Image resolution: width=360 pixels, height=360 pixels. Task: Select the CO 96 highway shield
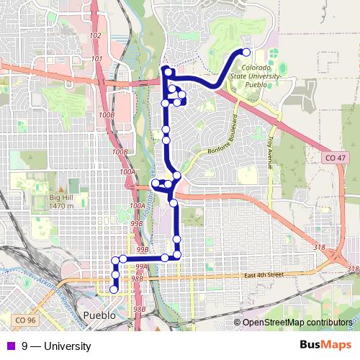pyautogui.click(x=24, y=319)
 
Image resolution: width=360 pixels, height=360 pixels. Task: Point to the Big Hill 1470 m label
pyautogui.click(x=62, y=202)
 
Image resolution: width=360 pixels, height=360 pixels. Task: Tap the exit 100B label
pyautogui.click(x=107, y=115)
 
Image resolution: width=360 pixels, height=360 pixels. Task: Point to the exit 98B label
pyautogui.click(x=138, y=278)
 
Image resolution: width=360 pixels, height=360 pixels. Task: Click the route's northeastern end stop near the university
pyautogui.click(x=246, y=52)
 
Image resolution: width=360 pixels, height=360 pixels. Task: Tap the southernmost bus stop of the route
pyautogui.click(x=113, y=289)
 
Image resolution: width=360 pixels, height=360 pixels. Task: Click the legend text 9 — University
pyautogui.click(x=56, y=346)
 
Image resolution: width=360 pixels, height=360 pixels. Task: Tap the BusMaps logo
pyautogui.click(x=321, y=346)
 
